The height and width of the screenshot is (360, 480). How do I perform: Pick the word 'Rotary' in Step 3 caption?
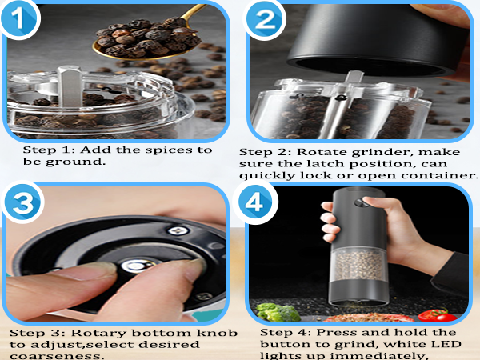(x=94, y=332)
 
